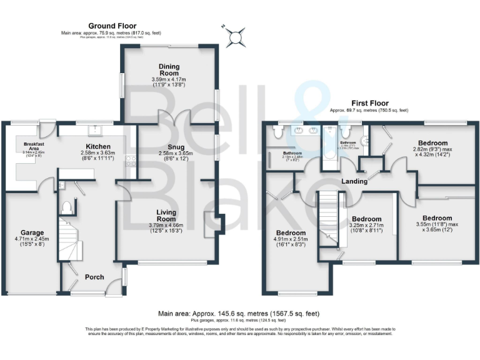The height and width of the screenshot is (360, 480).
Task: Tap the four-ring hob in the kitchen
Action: click(x=131, y=162)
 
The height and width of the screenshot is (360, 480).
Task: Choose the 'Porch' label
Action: click(x=94, y=277)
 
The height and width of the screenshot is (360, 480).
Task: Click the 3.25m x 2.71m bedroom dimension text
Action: click(x=367, y=228)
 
